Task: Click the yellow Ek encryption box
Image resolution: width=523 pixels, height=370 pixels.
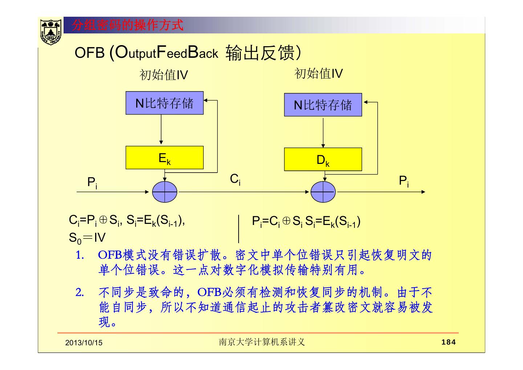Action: [x=165, y=158]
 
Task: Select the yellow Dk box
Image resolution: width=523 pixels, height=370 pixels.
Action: [x=323, y=159]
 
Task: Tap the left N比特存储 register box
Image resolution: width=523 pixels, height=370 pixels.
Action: [x=165, y=103]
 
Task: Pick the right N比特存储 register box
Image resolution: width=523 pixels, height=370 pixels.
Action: [x=323, y=105]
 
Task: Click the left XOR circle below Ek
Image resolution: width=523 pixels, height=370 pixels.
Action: [x=165, y=192]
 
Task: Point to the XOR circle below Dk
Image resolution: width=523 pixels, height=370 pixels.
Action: [x=323, y=192]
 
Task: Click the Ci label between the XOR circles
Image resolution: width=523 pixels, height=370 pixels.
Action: [x=235, y=179]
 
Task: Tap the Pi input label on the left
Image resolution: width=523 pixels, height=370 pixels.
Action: [x=92, y=182]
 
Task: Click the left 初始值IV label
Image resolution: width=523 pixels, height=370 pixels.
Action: [x=164, y=75]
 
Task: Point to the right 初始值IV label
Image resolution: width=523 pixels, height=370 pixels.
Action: [x=319, y=74]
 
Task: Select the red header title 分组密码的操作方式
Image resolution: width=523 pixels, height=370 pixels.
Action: [x=127, y=25]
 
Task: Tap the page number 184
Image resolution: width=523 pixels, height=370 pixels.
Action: [x=448, y=342]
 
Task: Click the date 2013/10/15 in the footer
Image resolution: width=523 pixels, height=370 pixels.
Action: [x=84, y=343]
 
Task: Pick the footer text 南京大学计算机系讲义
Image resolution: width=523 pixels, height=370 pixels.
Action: [x=261, y=342]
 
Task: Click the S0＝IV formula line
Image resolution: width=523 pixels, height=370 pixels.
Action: [x=87, y=238]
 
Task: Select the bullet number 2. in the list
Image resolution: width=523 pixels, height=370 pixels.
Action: [x=80, y=292]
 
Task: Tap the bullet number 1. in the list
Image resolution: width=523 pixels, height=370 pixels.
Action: [x=80, y=255]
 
